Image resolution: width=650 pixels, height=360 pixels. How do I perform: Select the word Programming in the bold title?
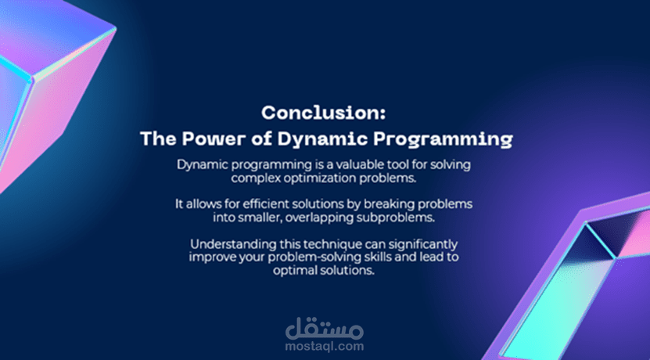click(x=443, y=140)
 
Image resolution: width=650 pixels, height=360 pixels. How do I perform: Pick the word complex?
click(x=252, y=178)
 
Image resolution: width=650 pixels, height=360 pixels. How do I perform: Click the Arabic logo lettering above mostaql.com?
click(x=324, y=329)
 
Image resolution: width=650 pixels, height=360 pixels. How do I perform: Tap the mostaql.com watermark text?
click(x=324, y=346)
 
